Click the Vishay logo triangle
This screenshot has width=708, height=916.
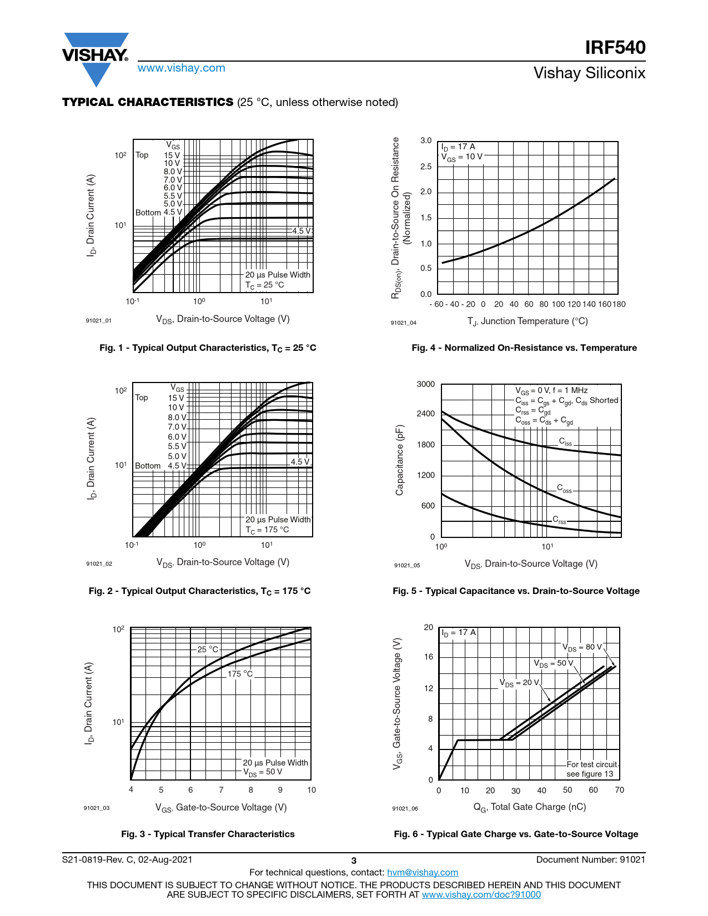[x=96, y=58]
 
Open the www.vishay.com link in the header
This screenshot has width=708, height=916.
[x=182, y=68]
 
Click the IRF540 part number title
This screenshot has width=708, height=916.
[x=615, y=48]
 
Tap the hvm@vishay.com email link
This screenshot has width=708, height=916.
[x=423, y=872]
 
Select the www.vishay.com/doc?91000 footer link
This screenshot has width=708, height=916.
[x=481, y=894]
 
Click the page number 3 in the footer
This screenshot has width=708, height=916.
[x=354, y=860]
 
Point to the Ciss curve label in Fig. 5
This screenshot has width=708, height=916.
[x=565, y=442]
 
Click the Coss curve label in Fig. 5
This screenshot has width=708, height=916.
[x=564, y=489]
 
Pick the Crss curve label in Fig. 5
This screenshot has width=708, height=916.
[x=559, y=520]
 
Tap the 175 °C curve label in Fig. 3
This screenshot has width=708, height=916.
[x=240, y=674]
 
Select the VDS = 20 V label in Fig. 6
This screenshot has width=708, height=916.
[x=519, y=683]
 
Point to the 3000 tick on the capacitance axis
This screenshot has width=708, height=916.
[x=426, y=384]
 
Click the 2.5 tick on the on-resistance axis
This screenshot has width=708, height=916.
[x=426, y=167]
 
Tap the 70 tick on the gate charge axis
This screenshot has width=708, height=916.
[x=619, y=790]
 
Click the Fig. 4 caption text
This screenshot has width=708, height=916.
[x=524, y=348]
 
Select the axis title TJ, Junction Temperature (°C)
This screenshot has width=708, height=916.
[x=528, y=321]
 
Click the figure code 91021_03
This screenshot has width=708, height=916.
[x=97, y=808]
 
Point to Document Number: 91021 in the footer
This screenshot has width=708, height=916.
[x=591, y=859]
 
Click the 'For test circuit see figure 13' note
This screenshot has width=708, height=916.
[x=591, y=769]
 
